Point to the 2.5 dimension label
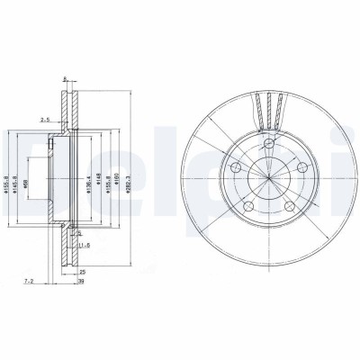[x=44, y=118]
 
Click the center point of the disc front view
[x=269, y=176]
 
